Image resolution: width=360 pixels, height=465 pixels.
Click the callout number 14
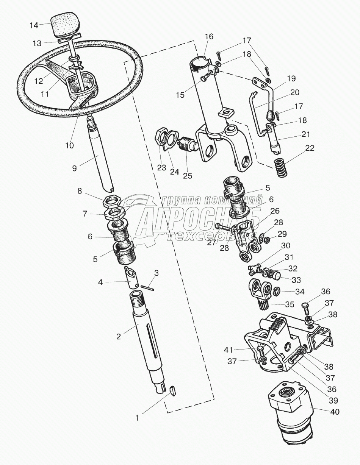pyautogui.click(x=34, y=25)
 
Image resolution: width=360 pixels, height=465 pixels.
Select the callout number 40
pyautogui.click(x=335, y=412)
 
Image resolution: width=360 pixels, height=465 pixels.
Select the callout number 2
pyautogui.click(x=119, y=336)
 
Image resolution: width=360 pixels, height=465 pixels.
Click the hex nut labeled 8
pyautogui.click(x=113, y=201)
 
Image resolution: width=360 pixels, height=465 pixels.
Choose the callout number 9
pyautogui.click(x=74, y=168)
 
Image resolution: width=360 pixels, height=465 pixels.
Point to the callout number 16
pyautogui.click(x=209, y=37)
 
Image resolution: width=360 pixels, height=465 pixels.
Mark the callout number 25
pyautogui.click(x=187, y=175)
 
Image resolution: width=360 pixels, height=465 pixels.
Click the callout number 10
pyautogui.click(x=69, y=145)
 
